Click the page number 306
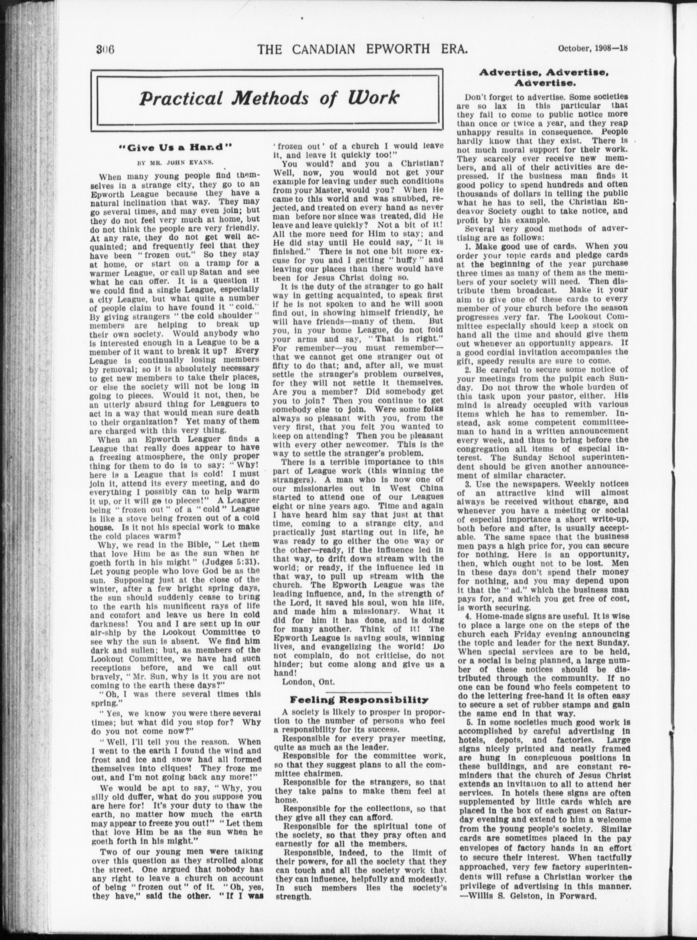[106, 49]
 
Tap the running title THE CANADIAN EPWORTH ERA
[363, 49]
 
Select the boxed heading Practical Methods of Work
[269, 98]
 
